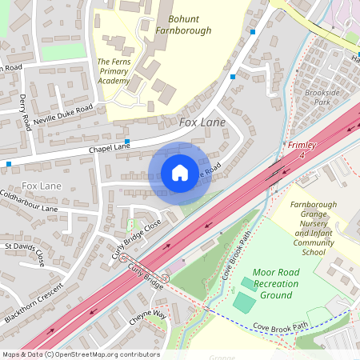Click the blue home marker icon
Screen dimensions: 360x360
[180, 173]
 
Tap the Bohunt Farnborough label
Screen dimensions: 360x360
[190, 24]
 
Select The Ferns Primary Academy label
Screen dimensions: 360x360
[114, 70]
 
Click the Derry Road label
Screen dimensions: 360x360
[25, 112]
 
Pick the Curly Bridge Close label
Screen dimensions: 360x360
[136, 241]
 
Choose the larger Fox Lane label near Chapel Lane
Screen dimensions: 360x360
[202, 122]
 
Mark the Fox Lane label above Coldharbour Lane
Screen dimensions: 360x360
[42, 186]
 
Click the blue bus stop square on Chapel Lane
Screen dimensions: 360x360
[127, 141]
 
